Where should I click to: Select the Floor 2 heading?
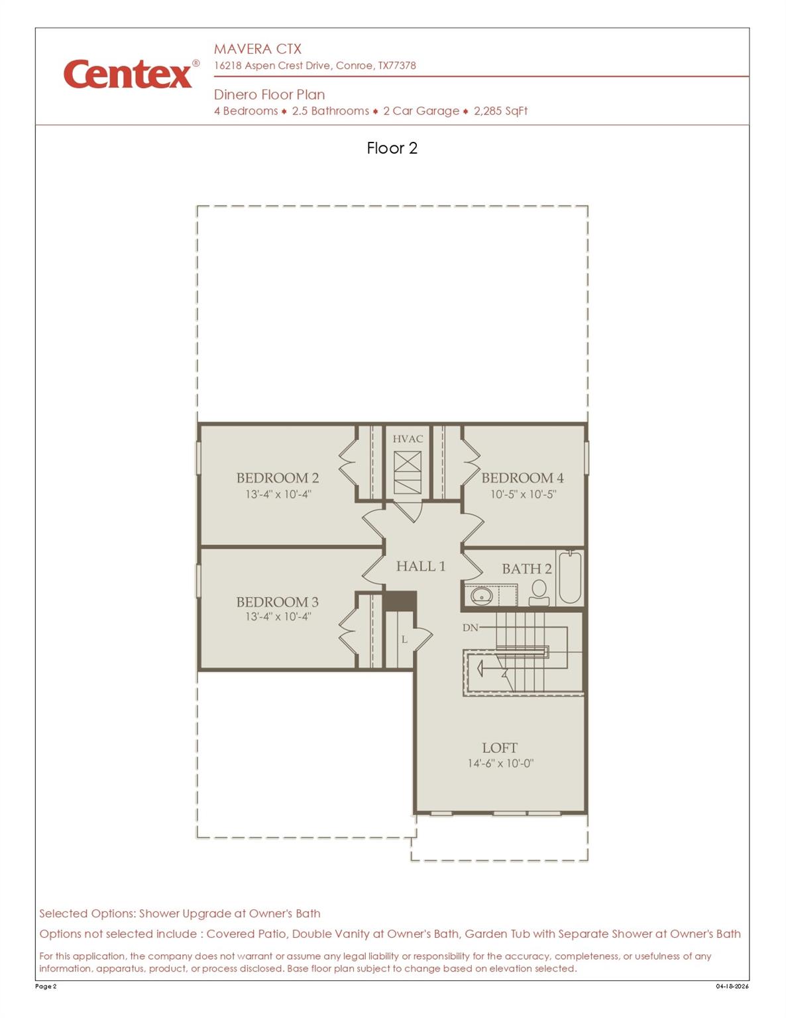click(x=392, y=148)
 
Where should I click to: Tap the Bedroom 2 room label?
click(x=277, y=478)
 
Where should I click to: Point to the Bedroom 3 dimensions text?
click(x=278, y=617)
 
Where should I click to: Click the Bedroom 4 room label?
click(x=522, y=478)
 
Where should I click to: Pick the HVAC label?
click(x=408, y=439)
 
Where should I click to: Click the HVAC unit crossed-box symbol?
click(x=408, y=472)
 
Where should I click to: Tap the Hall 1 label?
click(x=420, y=566)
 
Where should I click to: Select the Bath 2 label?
click(x=526, y=569)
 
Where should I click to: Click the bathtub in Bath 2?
click(x=569, y=577)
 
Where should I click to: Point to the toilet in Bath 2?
click(x=539, y=592)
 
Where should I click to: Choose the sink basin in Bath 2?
click(x=480, y=596)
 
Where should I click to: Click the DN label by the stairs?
click(x=470, y=627)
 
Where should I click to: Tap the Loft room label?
click(x=500, y=748)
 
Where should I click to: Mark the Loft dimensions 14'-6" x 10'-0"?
click(x=500, y=763)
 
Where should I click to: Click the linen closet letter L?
click(x=404, y=640)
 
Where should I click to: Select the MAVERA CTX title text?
click(x=257, y=49)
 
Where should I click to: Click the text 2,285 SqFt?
click(x=500, y=111)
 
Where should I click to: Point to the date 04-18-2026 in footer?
click(x=732, y=986)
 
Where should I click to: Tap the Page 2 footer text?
click(x=46, y=986)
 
